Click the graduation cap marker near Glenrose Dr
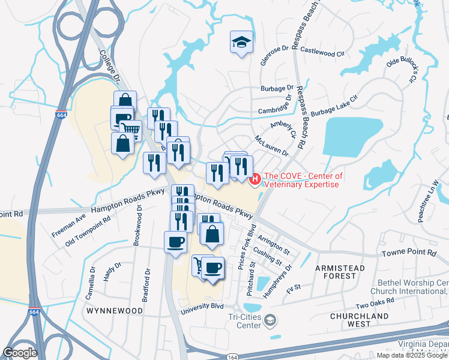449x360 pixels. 241,42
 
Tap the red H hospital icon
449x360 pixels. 255,179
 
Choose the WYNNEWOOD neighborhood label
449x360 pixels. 115,311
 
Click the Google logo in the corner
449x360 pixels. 20,353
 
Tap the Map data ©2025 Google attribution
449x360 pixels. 412,355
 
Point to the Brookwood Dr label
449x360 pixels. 139,221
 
